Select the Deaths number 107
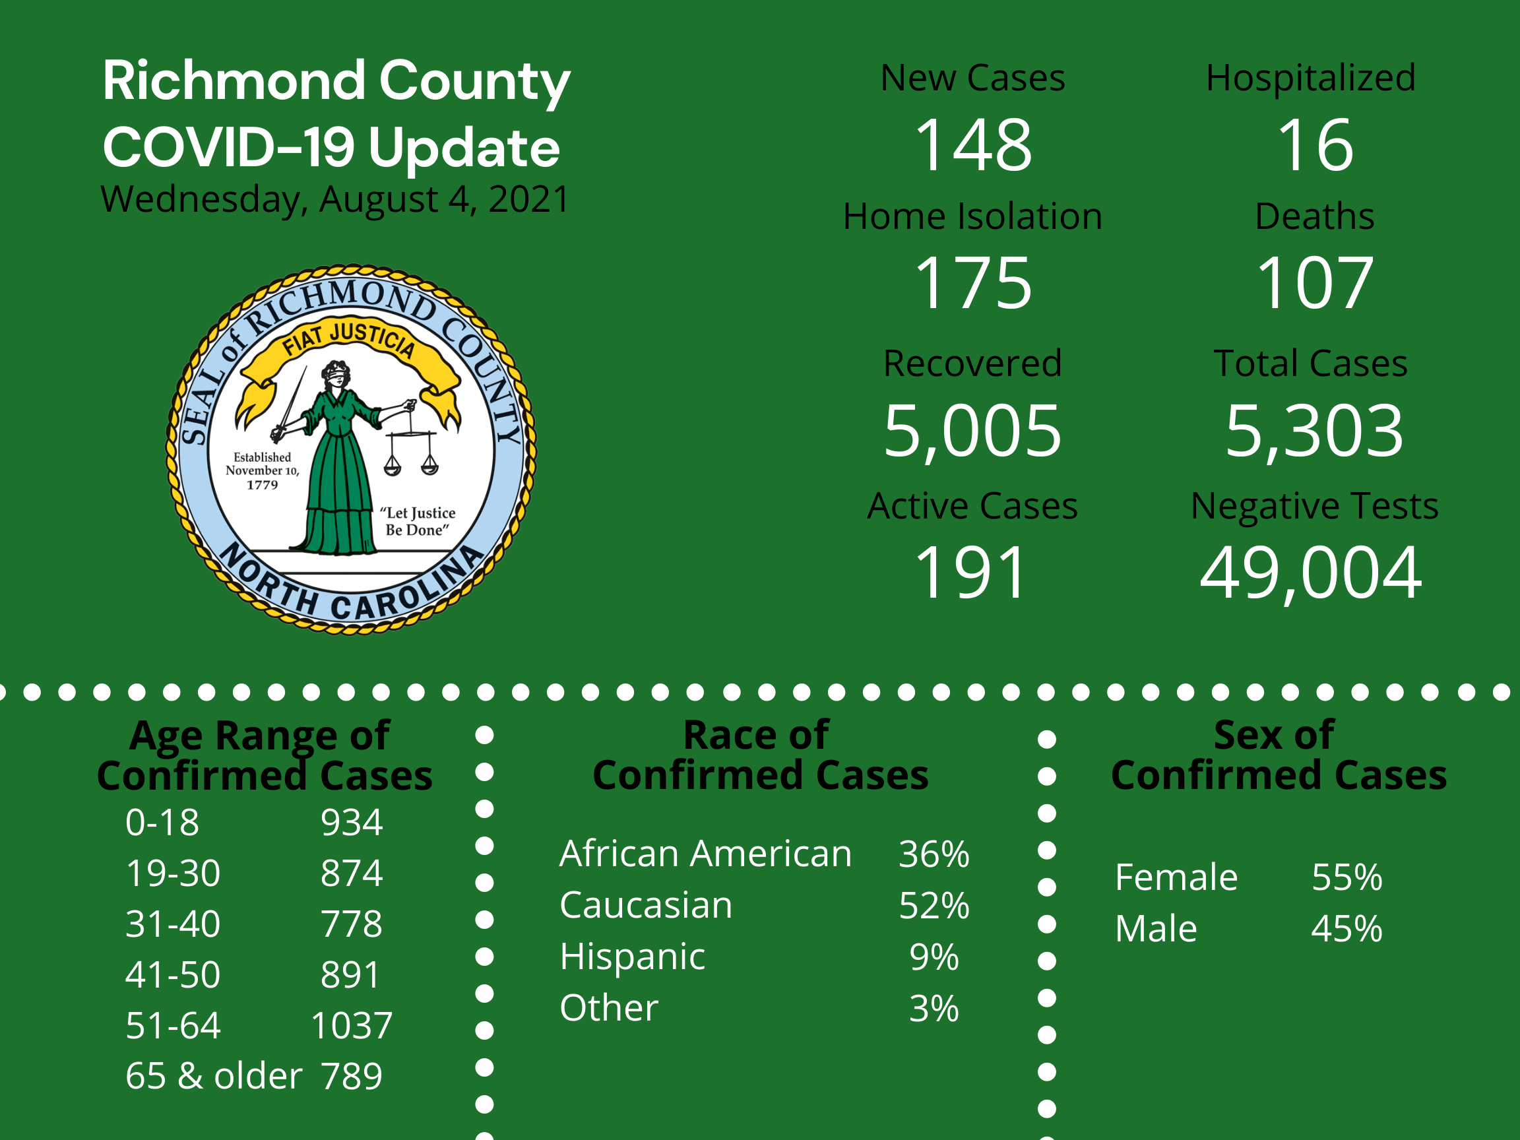coord(1315,282)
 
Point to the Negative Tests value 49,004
coord(1310,573)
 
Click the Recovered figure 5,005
coord(972,431)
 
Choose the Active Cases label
coord(972,507)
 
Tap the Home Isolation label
coord(972,216)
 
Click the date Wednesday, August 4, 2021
coord(334,200)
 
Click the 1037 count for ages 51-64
coord(352,1025)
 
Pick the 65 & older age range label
coord(214,1076)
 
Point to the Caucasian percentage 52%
coord(934,906)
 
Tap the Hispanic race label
coord(632,957)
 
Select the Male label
coord(1156,929)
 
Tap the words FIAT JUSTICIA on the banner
coord(349,340)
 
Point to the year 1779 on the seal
coord(263,485)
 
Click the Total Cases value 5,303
coord(1315,431)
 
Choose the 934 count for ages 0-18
coord(351,823)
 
